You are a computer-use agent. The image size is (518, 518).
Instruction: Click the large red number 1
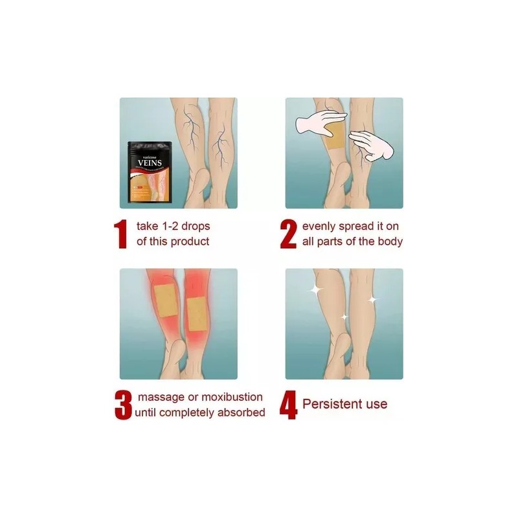[x=120, y=234]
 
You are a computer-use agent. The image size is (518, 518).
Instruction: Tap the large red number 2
[x=289, y=234]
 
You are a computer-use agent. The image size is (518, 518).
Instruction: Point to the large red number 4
[x=289, y=404]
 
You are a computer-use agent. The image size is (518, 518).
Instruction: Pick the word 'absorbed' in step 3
[x=243, y=412]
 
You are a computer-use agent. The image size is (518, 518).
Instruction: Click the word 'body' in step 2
[x=390, y=242]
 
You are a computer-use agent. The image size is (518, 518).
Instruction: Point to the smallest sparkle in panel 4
[x=344, y=317]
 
